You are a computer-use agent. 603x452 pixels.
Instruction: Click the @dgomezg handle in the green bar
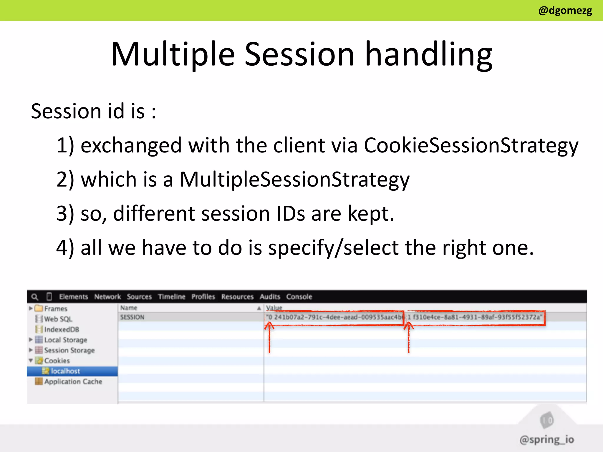pyautogui.click(x=565, y=11)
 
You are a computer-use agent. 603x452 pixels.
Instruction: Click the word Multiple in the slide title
pyautogui.click(x=173, y=54)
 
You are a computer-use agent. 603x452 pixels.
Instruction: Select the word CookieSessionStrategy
pyautogui.click(x=471, y=145)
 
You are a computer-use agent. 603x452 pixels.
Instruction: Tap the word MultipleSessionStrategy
pyautogui.click(x=294, y=179)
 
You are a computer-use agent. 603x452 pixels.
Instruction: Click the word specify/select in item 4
pyautogui.click(x=333, y=248)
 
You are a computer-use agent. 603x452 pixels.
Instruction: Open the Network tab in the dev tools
pyautogui.click(x=107, y=297)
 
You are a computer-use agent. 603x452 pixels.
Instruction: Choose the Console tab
pyautogui.click(x=299, y=297)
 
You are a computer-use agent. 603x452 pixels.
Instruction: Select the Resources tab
pyautogui.click(x=237, y=297)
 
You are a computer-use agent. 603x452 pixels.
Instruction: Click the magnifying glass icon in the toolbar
pyautogui.click(x=35, y=297)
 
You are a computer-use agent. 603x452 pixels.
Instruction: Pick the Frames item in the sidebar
pyautogui.click(x=56, y=309)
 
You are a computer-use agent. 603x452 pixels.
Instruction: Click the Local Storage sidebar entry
pyautogui.click(x=65, y=340)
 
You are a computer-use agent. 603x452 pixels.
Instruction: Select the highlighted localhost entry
pyautogui.click(x=65, y=371)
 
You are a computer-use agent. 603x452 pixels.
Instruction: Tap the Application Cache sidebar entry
pyautogui.click(x=73, y=382)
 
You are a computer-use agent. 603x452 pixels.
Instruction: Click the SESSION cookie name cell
pyautogui.click(x=132, y=317)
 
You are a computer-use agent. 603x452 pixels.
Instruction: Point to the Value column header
pyautogui.click(x=274, y=308)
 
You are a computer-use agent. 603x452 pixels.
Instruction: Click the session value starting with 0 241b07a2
pyautogui.click(x=334, y=317)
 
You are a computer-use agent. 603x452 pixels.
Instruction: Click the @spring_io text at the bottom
pyautogui.click(x=546, y=439)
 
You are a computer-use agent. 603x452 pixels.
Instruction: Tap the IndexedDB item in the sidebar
pyautogui.click(x=61, y=329)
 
